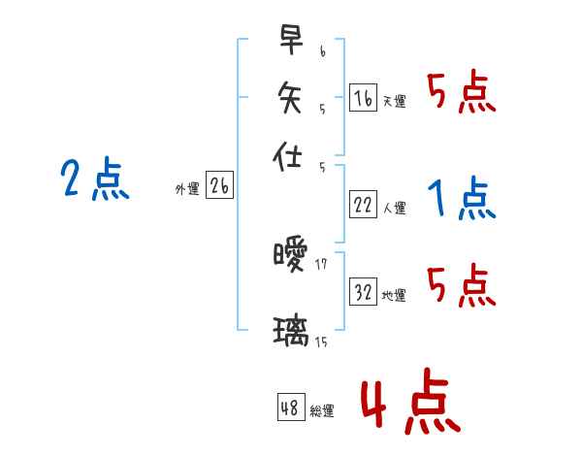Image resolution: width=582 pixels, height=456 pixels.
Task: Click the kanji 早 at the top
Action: tap(290, 40)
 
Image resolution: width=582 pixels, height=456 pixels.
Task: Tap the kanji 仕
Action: tap(290, 153)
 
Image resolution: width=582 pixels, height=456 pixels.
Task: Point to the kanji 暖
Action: tap(290, 256)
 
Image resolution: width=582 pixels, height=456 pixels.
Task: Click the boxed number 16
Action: tap(363, 97)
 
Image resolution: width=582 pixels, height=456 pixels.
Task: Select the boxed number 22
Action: tap(363, 204)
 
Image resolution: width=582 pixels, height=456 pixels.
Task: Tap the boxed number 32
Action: tap(363, 292)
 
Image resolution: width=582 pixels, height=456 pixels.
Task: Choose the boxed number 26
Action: tap(219, 186)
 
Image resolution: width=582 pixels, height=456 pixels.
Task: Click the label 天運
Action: tap(395, 101)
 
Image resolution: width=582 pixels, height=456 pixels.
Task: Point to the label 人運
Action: tap(395, 208)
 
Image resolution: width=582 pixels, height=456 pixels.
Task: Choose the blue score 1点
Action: tap(462, 200)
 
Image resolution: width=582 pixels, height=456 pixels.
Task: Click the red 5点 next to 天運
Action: tap(462, 94)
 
